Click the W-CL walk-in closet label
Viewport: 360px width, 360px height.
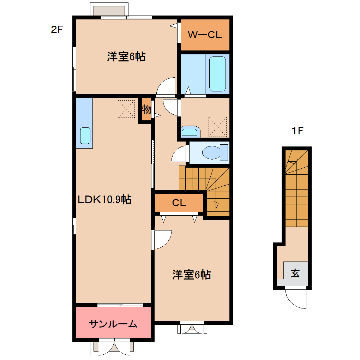pyautogui.click(x=205, y=35)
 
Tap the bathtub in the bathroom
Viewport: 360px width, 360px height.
pyautogui.click(x=217, y=74)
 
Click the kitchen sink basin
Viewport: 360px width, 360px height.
pyautogui.click(x=85, y=136)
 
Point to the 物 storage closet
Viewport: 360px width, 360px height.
pyautogui.click(x=146, y=109)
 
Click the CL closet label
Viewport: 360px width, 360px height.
pyautogui.click(x=179, y=203)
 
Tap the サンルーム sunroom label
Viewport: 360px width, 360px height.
pyautogui.click(x=113, y=324)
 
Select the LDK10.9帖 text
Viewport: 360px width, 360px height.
pyautogui.click(x=105, y=199)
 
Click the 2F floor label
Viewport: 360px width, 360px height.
pyautogui.click(x=57, y=29)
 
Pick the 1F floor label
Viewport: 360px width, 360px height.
pyautogui.click(x=298, y=131)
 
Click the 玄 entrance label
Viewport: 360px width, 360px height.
pyautogui.click(x=295, y=273)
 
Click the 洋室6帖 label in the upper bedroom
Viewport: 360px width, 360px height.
pyautogui.click(x=126, y=56)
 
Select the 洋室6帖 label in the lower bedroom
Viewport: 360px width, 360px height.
pyautogui.click(x=192, y=275)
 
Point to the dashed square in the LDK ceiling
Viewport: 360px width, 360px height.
pyautogui.click(x=126, y=109)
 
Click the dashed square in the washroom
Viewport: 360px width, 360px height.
pyautogui.click(x=217, y=127)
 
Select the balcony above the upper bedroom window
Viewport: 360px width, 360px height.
pyautogui.click(x=109, y=11)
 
